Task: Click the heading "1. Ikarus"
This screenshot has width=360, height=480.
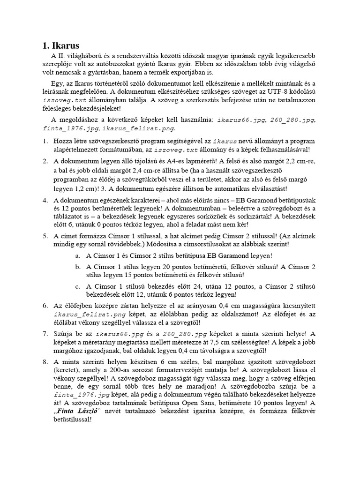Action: point(61,45)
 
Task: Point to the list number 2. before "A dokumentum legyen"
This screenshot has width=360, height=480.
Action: point(45,161)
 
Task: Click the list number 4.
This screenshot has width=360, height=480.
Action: point(45,201)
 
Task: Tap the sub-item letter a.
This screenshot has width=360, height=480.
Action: point(77,256)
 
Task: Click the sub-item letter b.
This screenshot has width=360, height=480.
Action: point(77,267)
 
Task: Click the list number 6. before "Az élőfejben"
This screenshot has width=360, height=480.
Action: point(45,306)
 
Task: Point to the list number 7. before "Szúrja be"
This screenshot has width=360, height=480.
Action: point(45,334)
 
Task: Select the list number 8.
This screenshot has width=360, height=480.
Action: point(45,362)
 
